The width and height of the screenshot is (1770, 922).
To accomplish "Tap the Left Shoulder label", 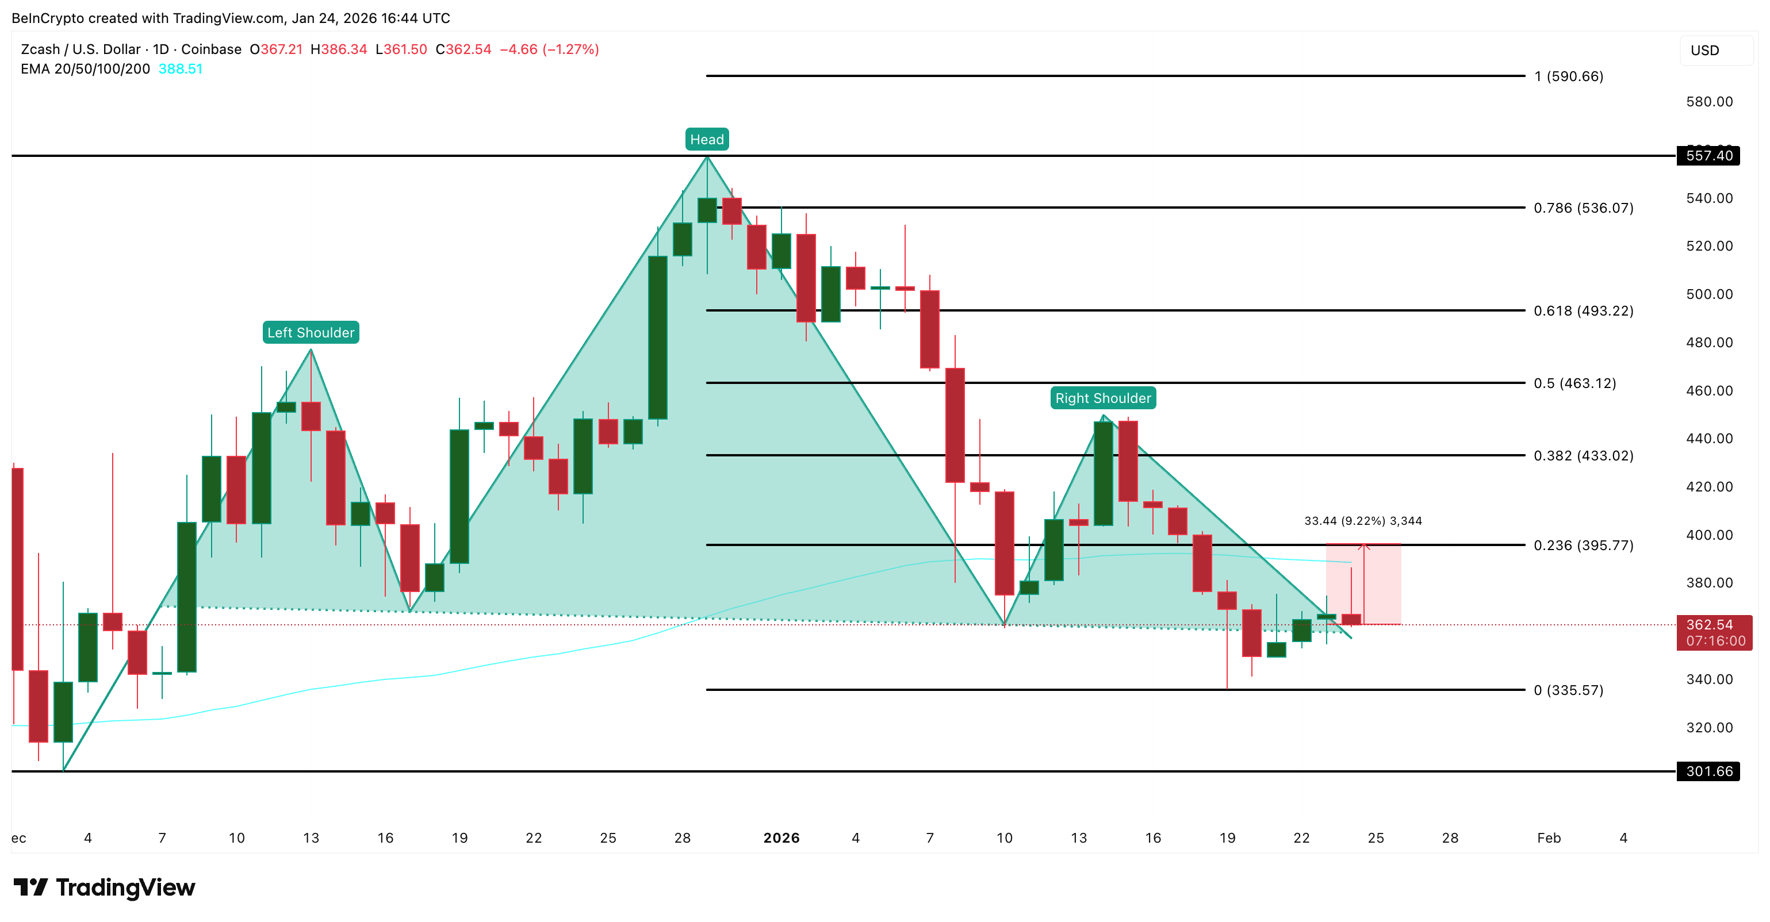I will (311, 332).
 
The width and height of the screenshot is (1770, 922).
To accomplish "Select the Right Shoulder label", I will (1103, 398).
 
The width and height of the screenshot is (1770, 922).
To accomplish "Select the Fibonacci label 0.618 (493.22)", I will (1583, 310).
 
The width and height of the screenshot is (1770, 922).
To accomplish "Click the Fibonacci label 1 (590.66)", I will (1568, 76).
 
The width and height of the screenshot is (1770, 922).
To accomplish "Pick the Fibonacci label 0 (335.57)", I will (1568, 690).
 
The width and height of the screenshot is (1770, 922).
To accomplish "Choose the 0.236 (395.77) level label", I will (1583, 545).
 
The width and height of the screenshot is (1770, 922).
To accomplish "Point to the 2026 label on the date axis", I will (781, 838).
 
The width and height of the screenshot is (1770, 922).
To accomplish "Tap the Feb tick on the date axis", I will (1549, 838).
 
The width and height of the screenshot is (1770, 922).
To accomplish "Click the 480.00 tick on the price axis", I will (1709, 342).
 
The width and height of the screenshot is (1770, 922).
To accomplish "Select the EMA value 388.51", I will (180, 69).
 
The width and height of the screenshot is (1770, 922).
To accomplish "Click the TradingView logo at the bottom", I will (105, 887).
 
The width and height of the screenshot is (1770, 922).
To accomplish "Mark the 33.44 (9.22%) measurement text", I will (1362, 521).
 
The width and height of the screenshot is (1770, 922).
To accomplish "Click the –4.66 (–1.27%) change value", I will (549, 49).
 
